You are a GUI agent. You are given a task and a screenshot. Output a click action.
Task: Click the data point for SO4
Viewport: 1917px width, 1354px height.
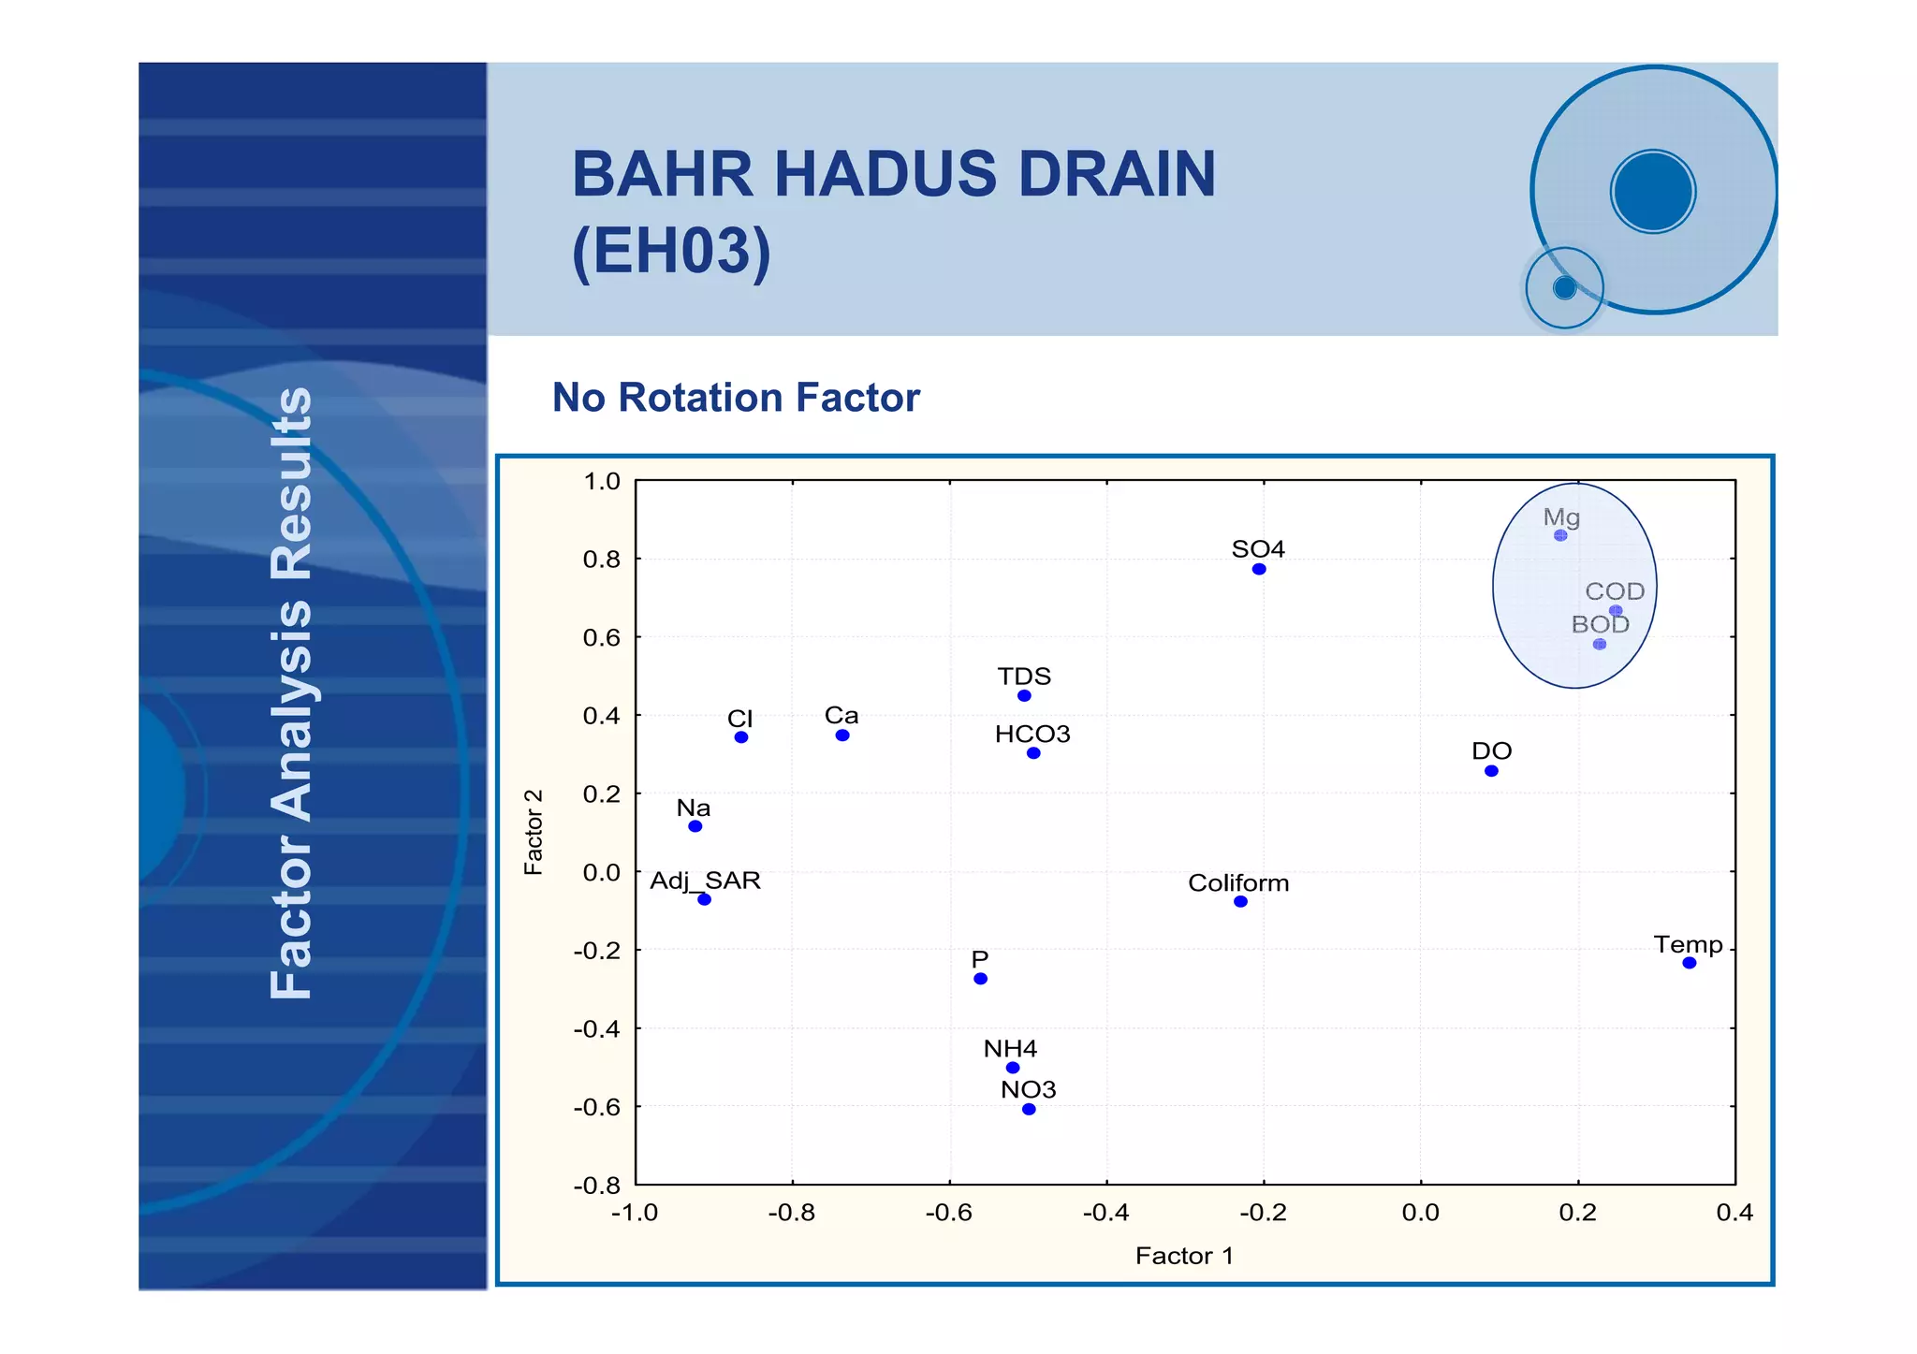1259,569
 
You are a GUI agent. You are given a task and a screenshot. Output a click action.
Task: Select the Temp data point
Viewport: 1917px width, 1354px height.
1690,963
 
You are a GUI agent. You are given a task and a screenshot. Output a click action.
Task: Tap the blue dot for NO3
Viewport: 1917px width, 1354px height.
1029,1109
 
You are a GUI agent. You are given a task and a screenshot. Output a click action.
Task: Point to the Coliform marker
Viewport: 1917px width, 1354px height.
1240,901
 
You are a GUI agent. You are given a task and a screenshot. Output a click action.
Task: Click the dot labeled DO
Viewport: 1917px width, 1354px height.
1491,771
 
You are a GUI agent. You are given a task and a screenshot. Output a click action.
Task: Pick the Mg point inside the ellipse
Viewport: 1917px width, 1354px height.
1560,535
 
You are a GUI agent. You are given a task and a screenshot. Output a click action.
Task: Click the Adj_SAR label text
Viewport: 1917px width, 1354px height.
705,881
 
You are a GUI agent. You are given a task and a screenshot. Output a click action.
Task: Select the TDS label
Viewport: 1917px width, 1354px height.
1024,676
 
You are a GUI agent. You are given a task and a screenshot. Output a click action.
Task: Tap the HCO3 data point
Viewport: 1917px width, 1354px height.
1033,753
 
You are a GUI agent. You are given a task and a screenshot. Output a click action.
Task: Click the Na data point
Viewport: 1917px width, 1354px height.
695,826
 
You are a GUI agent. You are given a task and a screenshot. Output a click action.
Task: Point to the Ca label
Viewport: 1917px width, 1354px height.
841,715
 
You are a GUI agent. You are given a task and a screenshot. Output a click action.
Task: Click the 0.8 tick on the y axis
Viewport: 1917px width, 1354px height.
601,560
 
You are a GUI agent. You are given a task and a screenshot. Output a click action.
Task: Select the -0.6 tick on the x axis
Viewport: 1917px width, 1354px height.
949,1213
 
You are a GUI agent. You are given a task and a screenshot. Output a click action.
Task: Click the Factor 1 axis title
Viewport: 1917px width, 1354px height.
1184,1256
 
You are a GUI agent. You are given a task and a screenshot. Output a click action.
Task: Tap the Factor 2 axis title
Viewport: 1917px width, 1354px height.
534,832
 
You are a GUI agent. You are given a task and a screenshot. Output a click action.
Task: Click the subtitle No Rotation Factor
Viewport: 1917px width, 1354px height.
736,398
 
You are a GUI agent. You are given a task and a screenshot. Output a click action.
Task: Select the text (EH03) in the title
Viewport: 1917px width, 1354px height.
671,251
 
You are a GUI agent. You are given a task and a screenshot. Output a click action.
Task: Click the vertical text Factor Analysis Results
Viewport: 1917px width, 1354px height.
291,692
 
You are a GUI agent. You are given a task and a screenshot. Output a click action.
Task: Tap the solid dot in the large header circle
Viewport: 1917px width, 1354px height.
1653,192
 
